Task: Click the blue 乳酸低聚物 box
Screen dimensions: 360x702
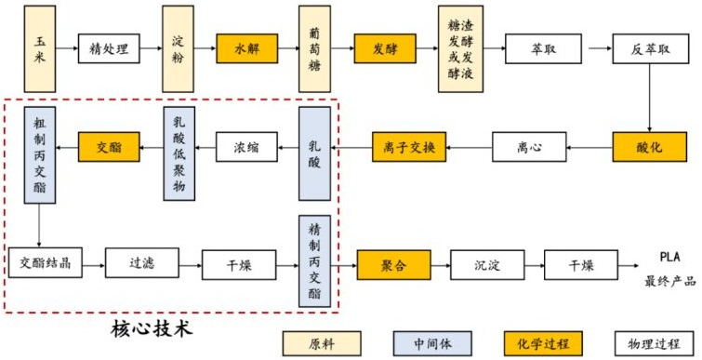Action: click(179, 153)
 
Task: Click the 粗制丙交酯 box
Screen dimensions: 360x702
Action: click(40, 153)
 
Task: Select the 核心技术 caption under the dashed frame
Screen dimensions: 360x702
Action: click(151, 330)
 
